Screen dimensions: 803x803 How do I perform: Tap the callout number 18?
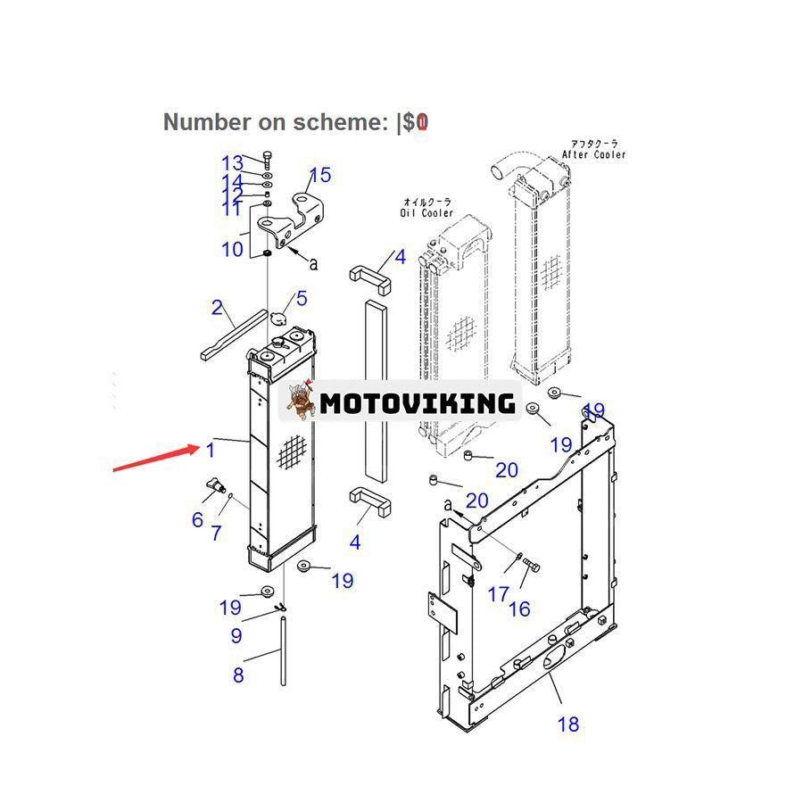(568, 724)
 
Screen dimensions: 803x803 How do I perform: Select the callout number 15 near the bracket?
(319, 175)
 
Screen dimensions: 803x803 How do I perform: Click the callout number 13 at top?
(232, 163)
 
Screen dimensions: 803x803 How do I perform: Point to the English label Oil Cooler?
(426, 213)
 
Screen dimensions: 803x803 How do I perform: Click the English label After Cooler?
(593, 154)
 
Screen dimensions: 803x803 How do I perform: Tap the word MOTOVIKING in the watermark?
(418, 403)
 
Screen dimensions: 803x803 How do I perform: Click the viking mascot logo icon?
(301, 401)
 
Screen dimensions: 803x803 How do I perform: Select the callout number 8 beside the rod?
(238, 675)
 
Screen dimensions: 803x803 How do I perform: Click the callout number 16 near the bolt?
(519, 609)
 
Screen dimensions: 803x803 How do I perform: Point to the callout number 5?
(302, 299)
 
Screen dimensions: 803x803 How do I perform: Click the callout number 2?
(217, 308)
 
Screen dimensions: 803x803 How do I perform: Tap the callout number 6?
(197, 519)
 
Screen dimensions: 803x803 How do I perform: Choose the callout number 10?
(232, 249)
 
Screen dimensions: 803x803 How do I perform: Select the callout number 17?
(498, 593)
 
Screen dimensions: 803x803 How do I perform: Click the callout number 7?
(216, 534)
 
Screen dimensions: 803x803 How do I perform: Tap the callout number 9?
(236, 635)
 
